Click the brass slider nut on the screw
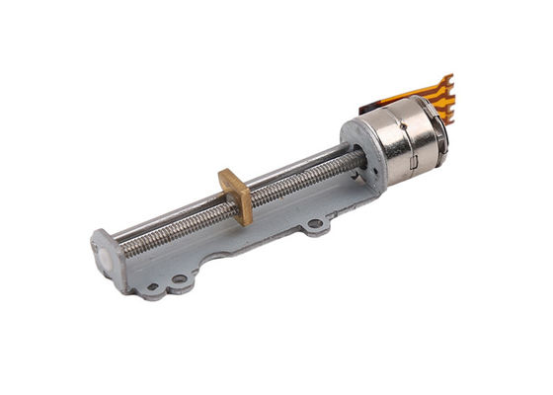pyautogui.click(x=236, y=194)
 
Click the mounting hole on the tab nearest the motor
pyautogui.click(x=315, y=229)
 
